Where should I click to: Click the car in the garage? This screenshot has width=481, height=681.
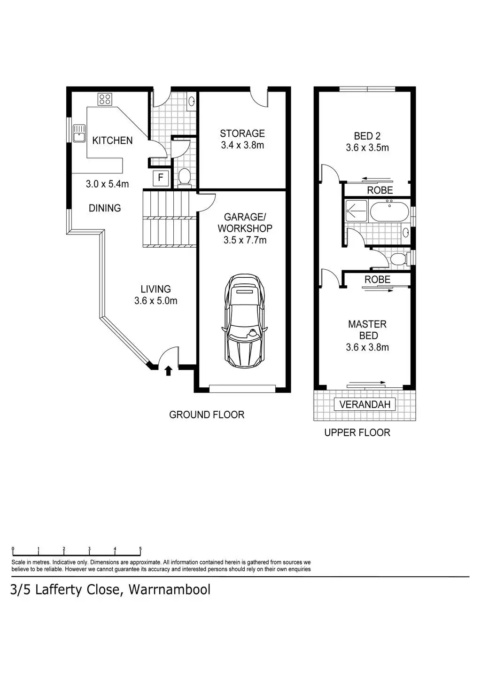click(x=245, y=321)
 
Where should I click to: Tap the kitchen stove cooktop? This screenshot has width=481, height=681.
click(x=105, y=100)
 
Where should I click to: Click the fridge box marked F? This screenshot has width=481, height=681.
click(x=161, y=177)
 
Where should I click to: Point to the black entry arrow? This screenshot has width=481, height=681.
click(x=168, y=371)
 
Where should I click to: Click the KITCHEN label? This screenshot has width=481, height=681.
click(x=112, y=141)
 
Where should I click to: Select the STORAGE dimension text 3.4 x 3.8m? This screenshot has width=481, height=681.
click(x=242, y=145)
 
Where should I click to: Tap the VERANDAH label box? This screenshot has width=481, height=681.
click(x=365, y=404)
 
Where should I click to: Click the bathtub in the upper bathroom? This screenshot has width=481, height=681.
click(x=389, y=211)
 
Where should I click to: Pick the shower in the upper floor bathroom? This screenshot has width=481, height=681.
click(x=356, y=211)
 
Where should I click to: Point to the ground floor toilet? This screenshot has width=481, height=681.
click(x=184, y=177)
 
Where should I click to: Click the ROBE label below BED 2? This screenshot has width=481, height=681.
click(x=380, y=190)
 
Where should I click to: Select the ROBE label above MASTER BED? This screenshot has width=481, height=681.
click(x=377, y=280)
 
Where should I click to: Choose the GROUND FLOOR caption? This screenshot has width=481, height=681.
click(x=207, y=415)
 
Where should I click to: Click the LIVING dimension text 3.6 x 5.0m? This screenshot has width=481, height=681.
click(x=155, y=301)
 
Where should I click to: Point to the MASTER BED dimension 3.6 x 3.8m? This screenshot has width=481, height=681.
click(x=367, y=347)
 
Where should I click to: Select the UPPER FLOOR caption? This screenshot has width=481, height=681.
click(x=357, y=433)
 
